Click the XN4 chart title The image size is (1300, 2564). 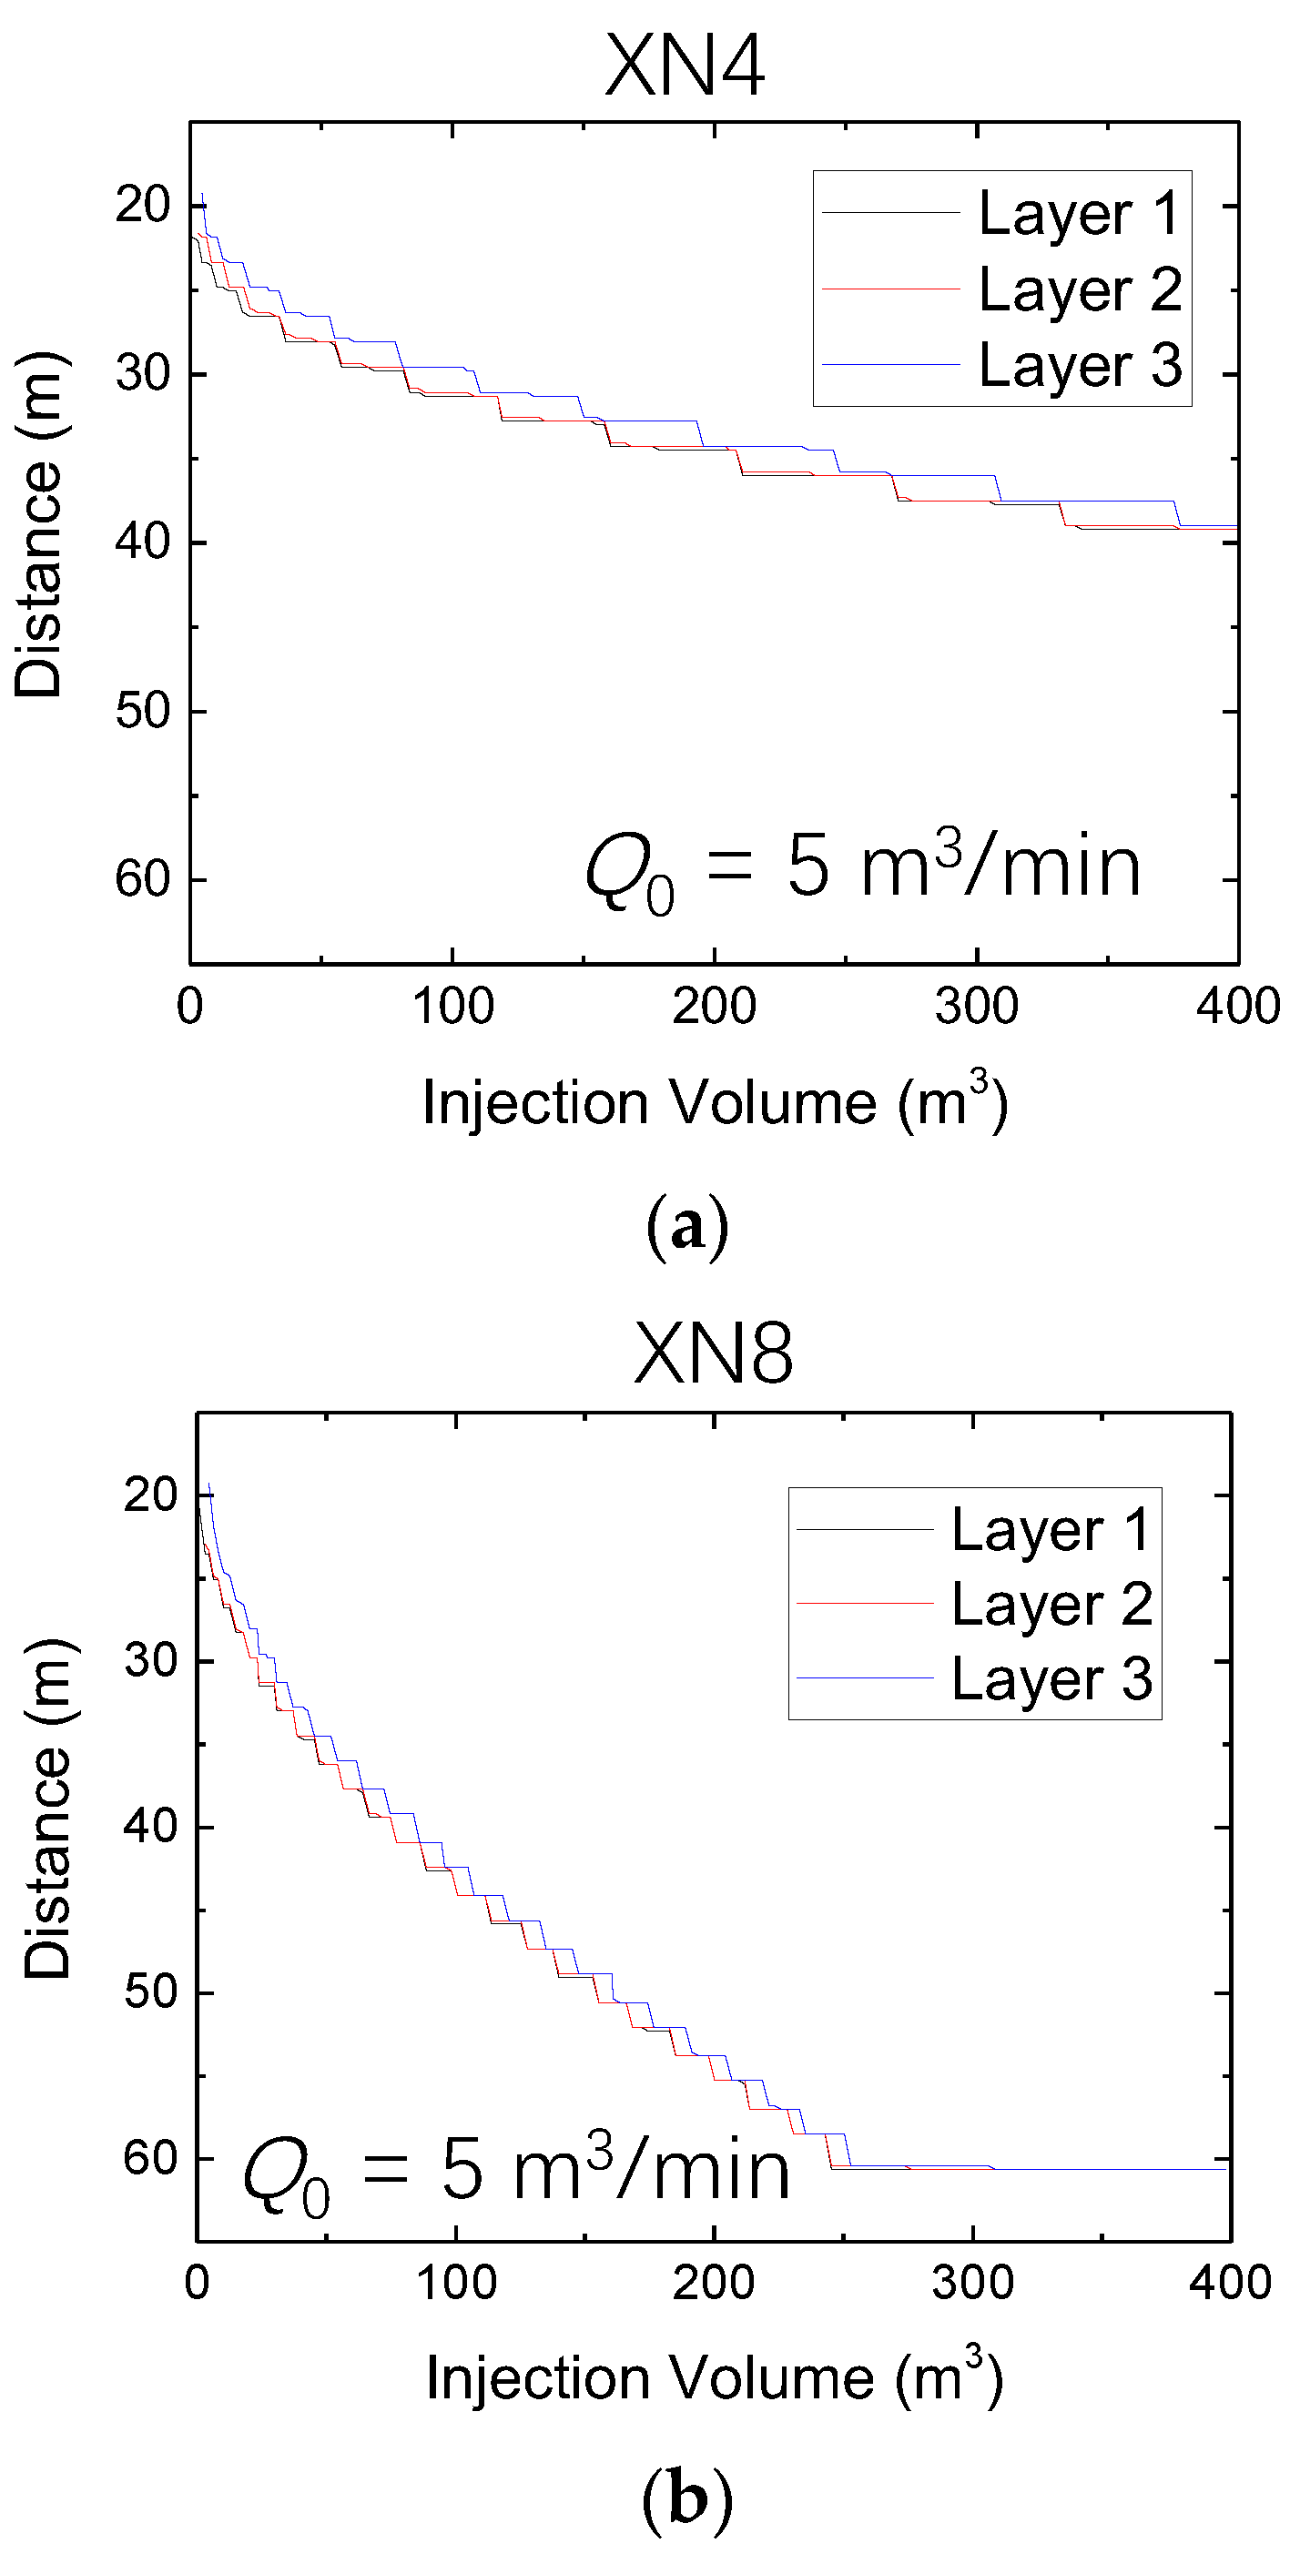(x=685, y=66)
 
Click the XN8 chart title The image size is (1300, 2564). (x=713, y=1353)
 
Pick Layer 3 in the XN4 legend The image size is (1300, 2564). (x=1079, y=365)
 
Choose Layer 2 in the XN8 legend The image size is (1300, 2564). (x=1051, y=1606)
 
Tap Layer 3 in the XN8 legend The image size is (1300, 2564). (x=1051, y=1680)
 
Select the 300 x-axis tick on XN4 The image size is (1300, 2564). (x=976, y=1007)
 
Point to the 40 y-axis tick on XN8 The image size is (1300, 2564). (x=151, y=1827)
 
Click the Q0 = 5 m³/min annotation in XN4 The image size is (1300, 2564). (x=862, y=868)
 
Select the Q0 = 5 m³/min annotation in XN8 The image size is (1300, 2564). (x=515, y=2173)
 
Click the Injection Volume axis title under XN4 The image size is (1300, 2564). (x=715, y=1103)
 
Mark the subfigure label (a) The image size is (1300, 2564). (x=686, y=1227)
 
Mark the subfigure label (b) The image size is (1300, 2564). (x=686, y=2498)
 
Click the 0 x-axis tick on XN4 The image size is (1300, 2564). (x=189, y=1007)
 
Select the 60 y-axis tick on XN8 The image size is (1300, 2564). (x=151, y=2157)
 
